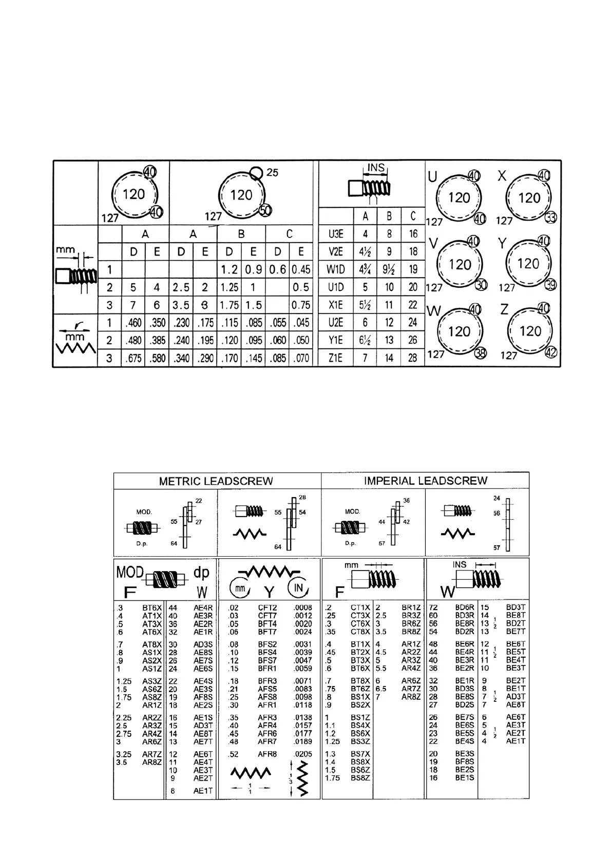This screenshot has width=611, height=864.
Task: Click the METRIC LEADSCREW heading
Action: (216, 481)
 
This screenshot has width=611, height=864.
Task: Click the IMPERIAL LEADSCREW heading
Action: (425, 481)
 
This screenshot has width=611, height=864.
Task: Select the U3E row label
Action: (336, 234)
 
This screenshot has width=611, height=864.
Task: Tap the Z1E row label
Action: (336, 358)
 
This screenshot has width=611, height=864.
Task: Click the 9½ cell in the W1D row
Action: (389, 269)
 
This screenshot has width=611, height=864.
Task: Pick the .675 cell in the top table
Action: (133, 358)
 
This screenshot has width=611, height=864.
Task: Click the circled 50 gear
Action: (265, 210)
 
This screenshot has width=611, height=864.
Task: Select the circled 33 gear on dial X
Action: (550, 217)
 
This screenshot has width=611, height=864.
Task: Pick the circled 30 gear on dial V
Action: (481, 285)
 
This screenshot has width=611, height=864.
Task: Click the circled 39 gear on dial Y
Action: (550, 285)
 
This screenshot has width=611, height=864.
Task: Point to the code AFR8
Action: (268, 754)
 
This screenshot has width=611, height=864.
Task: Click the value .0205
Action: (303, 754)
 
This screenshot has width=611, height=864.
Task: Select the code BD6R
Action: (465, 607)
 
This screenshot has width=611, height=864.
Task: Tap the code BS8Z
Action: (360, 778)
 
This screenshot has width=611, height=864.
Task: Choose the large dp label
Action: (201, 572)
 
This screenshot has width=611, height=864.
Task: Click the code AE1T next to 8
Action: (203, 791)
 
